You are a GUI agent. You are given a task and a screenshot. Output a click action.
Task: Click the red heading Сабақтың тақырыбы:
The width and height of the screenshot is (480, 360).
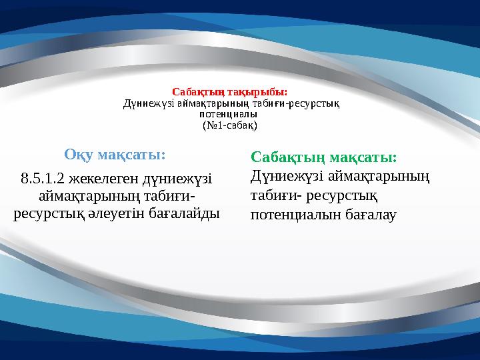(x=229, y=91)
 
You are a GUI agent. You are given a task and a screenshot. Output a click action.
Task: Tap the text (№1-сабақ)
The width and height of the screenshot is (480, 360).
(x=230, y=125)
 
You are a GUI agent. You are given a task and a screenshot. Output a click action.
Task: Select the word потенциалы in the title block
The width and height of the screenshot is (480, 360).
(x=229, y=114)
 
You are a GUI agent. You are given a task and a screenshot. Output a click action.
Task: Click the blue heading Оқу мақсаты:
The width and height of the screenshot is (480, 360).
(x=115, y=155)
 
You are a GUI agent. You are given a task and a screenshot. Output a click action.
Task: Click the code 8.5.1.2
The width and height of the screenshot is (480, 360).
(x=41, y=178)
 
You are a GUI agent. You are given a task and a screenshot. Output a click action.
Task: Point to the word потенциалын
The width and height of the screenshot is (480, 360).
(x=295, y=215)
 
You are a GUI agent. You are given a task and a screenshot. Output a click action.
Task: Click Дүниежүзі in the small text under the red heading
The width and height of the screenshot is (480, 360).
(x=148, y=103)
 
